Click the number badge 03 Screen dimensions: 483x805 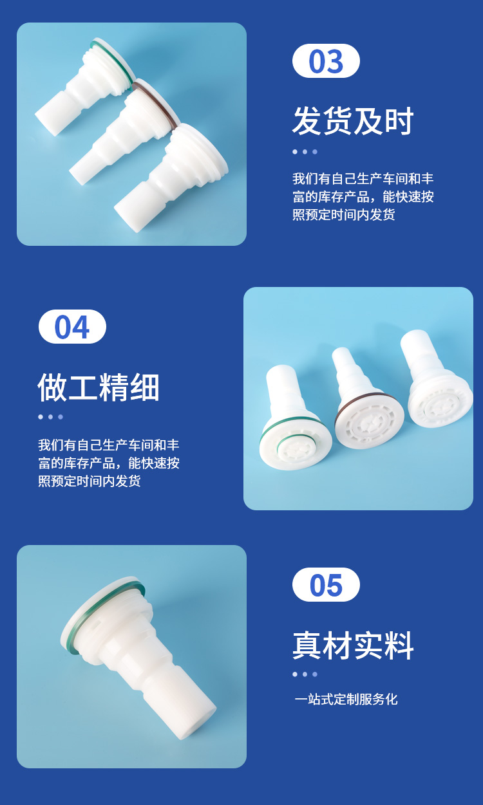coord(326,60)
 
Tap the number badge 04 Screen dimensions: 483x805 coord(72,326)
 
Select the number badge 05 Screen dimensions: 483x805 coord(326,585)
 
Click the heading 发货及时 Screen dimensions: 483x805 coord(353,121)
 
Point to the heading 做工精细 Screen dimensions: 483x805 coord(99,387)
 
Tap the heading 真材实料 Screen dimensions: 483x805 coord(353,645)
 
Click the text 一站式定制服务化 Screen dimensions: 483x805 coord(346,699)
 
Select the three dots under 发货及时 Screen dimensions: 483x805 coord(305,152)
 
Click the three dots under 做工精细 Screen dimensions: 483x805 coord(50,417)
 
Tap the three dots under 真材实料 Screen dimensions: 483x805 coord(305,674)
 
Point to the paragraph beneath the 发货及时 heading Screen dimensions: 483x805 coord(363,196)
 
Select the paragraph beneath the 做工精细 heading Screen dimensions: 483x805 coord(109,463)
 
